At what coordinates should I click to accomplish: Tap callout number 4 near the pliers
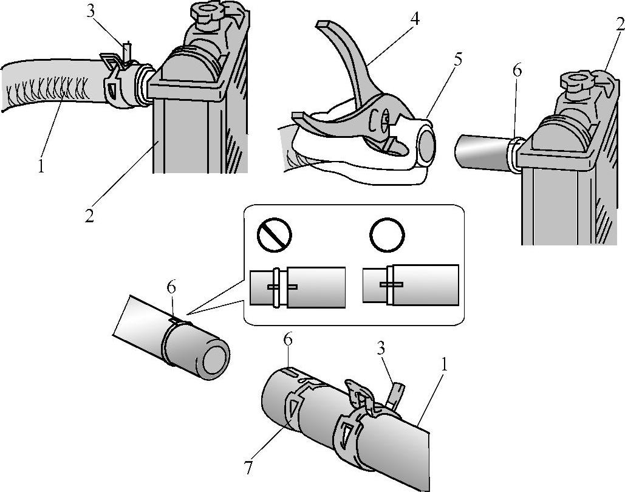pos(415,18)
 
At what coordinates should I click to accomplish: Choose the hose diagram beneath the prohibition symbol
pos(298,287)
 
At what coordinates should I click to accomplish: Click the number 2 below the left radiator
pos(89,216)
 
